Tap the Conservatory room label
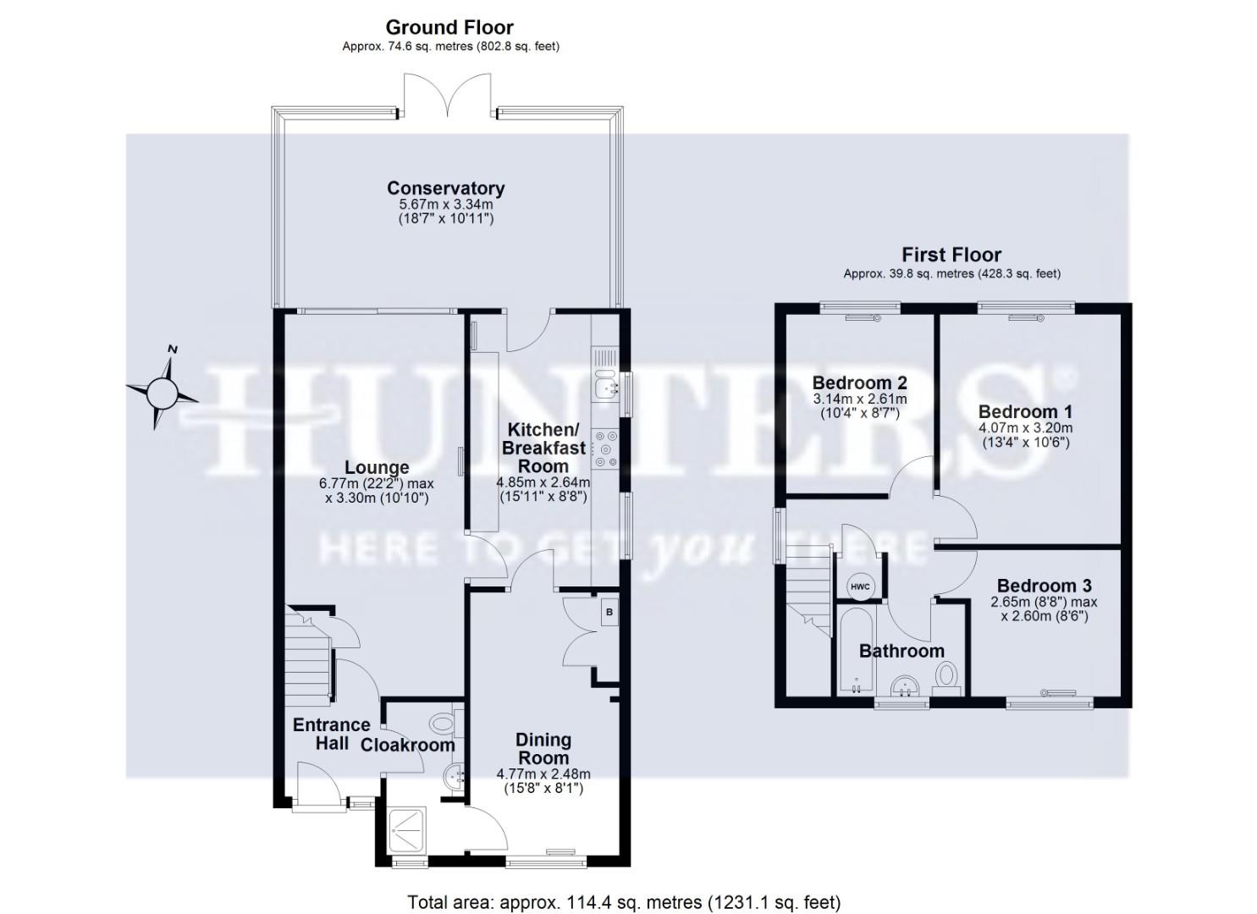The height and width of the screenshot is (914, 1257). [x=445, y=188]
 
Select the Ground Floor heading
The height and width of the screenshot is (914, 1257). [x=449, y=28]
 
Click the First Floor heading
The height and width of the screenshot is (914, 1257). [x=951, y=255]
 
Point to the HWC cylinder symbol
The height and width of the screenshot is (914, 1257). [x=859, y=586]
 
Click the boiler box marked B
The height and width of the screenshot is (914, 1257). [x=609, y=613]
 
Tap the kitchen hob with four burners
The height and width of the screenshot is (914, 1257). [x=605, y=449]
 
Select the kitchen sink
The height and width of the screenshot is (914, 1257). [x=605, y=387]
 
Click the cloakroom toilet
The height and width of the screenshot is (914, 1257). [x=443, y=724]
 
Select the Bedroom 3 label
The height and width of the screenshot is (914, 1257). [x=1044, y=586]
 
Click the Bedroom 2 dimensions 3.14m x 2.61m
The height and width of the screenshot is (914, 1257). [x=859, y=399]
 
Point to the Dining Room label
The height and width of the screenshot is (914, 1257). [x=543, y=749]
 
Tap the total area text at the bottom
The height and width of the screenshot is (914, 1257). [x=624, y=902]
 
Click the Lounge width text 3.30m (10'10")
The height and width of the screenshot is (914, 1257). [x=377, y=498]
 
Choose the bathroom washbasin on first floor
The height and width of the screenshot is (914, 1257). [x=903, y=683]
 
